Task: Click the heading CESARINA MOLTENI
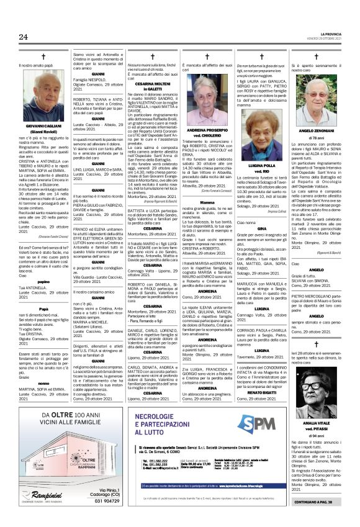[x=152, y=84]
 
